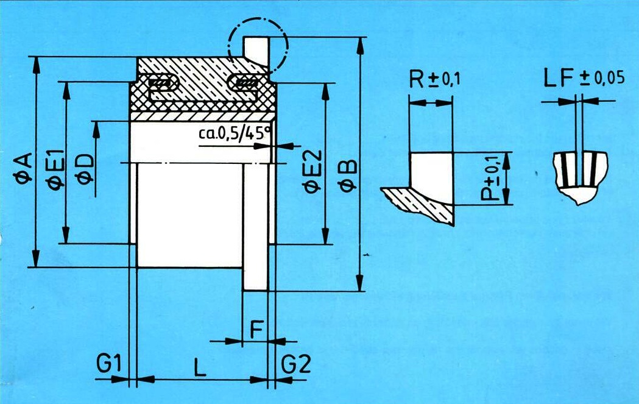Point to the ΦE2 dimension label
tap(312, 171)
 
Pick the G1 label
tap(109, 364)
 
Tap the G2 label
tap(296, 364)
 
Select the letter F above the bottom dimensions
tap(256, 330)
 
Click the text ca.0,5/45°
tap(235, 133)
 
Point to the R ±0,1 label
tap(434, 79)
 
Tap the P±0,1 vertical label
tap(490, 178)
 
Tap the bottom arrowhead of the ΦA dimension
tap(36, 258)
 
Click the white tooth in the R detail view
tap(431, 178)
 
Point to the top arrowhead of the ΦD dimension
tap(96, 130)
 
